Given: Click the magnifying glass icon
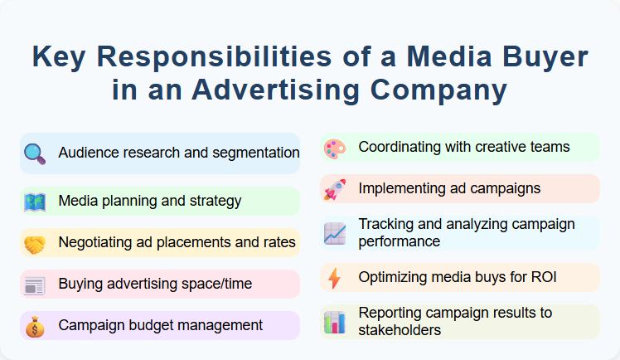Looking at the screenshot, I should pos(35,153).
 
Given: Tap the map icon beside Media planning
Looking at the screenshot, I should pos(35,202).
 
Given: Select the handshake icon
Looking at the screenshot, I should pos(35,244).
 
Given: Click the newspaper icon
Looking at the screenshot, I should pos(35,285).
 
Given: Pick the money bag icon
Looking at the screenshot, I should pos(35,327).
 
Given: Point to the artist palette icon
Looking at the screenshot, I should pos(334,148).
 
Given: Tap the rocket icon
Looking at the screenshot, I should pos(334,190).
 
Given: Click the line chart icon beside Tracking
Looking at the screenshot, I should pos(334,233).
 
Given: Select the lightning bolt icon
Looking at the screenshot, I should pos(334,279).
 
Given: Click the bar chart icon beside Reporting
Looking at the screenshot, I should pos(334,322).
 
